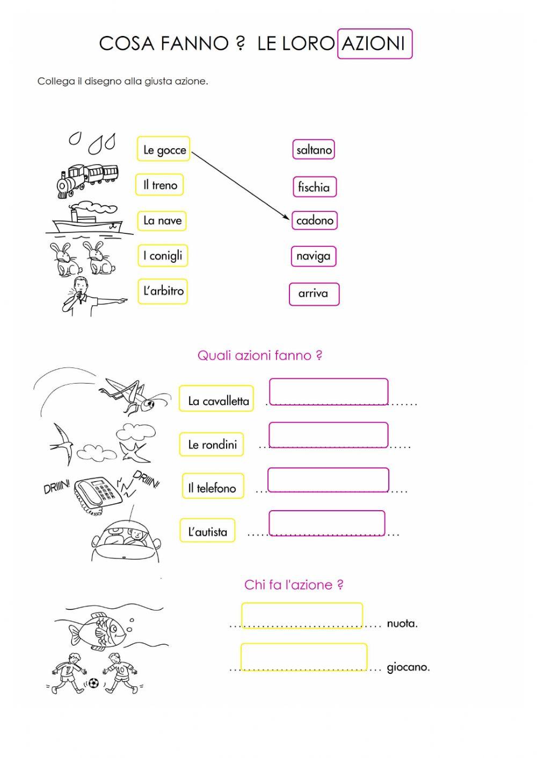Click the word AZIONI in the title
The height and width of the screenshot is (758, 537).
point(374,43)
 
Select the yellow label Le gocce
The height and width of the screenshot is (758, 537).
point(164,150)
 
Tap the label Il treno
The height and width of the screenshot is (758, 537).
point(160,185)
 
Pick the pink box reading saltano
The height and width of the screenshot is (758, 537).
point(314,150)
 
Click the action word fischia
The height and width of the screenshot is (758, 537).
point(314,187)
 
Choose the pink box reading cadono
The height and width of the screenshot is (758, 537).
point(315,220)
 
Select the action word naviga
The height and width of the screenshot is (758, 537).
point(314,256)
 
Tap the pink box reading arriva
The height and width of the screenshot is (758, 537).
point(314,293)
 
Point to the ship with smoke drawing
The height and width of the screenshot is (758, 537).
point(89,220)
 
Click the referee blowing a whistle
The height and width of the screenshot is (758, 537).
point(86,295)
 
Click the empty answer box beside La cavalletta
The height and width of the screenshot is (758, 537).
point(328,391)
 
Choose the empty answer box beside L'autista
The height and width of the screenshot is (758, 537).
point(326,522)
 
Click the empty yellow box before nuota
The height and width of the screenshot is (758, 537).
point(302,615)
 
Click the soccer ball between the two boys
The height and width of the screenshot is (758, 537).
point(93,683)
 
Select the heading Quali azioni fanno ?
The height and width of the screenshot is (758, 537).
point(260,355)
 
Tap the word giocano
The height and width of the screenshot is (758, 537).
point(408,668)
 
